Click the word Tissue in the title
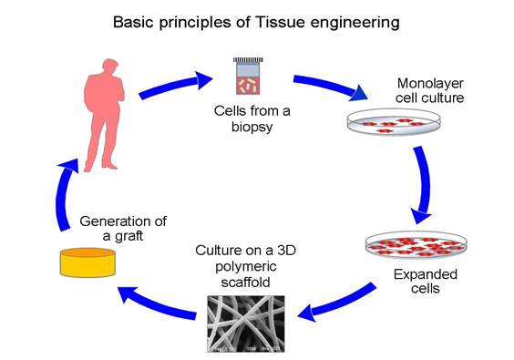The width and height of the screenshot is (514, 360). point(276,20)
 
